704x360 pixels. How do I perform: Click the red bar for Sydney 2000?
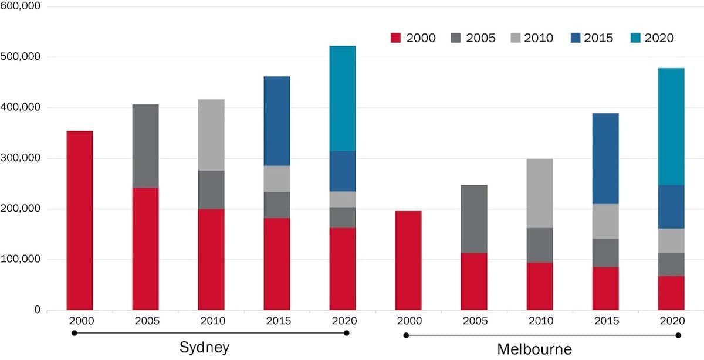80,220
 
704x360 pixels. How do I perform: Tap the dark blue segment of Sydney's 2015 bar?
277,121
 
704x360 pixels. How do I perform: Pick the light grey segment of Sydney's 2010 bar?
211,135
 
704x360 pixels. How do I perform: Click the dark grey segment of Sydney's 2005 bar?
145,146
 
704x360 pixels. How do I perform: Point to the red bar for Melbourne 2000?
408,260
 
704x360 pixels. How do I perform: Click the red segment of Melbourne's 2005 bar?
474,281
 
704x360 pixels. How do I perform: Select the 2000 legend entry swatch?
395,38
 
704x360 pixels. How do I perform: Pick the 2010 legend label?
539,38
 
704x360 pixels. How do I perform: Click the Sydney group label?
204,348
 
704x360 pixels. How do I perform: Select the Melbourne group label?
534,350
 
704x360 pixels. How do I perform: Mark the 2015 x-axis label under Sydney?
277,321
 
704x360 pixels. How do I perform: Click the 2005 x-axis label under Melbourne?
474,321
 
